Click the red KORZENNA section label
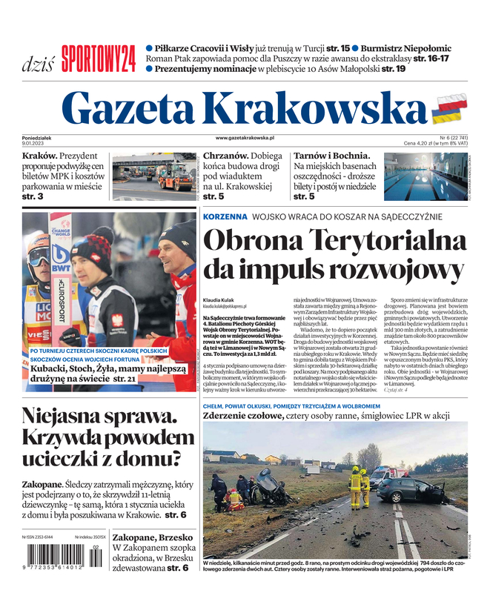(x=225, y=216)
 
